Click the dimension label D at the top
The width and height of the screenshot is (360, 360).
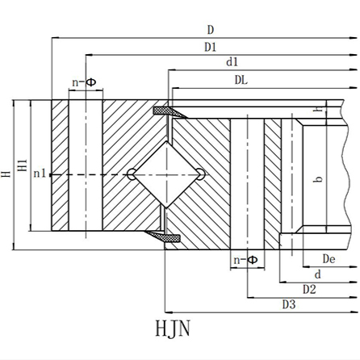pyautogui.click(x=211, y=30)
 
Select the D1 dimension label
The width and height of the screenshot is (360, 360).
pyautogui.click(x=211, y=47)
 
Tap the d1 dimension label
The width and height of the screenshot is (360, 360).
pyautogui.click(x=232, y=62)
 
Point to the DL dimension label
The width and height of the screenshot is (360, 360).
pyautogui.click(x=241, y=80)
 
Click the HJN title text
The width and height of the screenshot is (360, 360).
pyautogui.click(x=173, y=329)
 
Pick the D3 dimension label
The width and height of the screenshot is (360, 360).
pyautogui.click(x=289, y=305)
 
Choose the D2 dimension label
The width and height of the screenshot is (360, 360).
pyautogui.click(x=309, y=290)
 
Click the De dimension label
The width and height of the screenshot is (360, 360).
pyautogui.click(x=329, y=259)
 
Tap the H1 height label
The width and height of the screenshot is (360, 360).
pyautogui.click(x=23, y=165)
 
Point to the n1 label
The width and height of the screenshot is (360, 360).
pyautogui.click(x=40, y=174)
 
